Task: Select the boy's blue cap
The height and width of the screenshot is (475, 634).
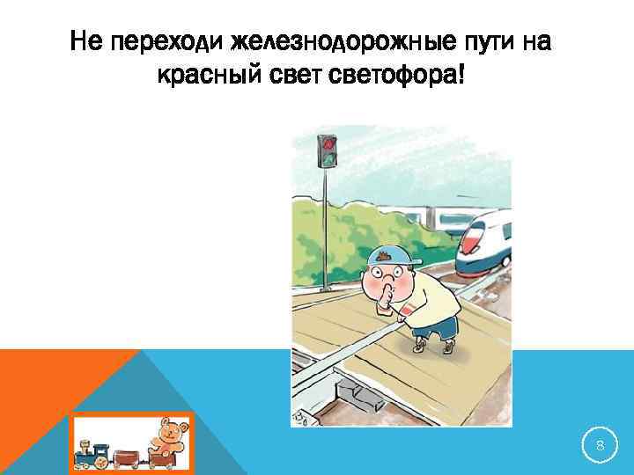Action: click(390, 256)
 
